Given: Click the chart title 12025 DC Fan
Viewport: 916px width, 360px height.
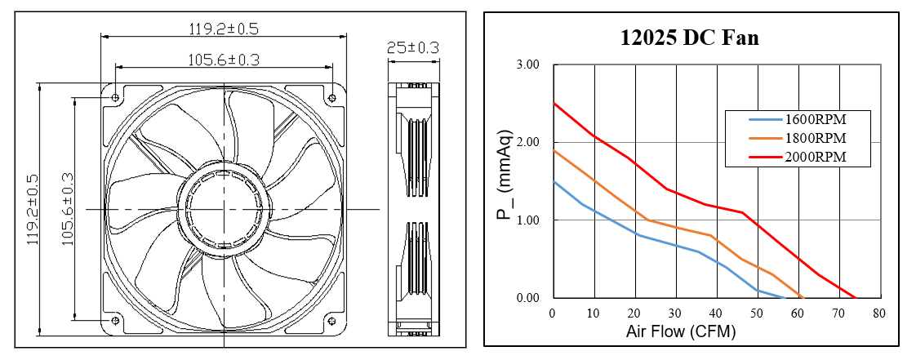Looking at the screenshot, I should coord(689,38).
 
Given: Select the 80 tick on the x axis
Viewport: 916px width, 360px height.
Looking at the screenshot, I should coord(879,313).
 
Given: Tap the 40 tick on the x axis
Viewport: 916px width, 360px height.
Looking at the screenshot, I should coord(717,313).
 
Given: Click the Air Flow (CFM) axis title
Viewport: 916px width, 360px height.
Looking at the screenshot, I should coord(681,332).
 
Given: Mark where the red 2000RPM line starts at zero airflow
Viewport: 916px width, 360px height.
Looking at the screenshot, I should coord(554,104).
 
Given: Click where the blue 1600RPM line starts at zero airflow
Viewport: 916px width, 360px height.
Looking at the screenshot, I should coord(554,181).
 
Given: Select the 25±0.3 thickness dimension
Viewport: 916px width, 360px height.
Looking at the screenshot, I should coord(412,48).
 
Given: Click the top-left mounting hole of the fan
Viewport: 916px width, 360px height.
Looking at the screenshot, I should coord(115,98).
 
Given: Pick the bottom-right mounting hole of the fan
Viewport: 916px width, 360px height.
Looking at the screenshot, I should coord(331,320).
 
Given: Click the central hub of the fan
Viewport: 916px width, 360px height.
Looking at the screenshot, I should coord(223,210).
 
